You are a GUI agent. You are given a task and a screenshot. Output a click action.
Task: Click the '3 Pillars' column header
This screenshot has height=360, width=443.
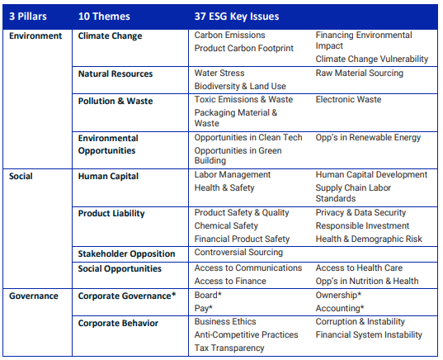pos(28,17)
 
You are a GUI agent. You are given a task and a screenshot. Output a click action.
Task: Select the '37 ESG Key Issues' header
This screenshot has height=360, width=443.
pos(237,17)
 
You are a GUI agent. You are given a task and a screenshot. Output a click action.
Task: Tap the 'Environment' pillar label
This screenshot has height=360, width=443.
pos(35,36)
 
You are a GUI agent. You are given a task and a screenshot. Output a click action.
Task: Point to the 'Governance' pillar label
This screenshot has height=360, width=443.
pos(34,296)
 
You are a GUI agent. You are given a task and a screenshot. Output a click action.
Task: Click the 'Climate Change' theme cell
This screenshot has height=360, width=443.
pos(110,36)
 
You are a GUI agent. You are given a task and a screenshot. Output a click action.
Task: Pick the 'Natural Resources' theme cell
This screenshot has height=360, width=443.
pos(115,73)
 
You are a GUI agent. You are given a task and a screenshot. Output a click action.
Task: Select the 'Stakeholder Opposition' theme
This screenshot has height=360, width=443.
pos(126,254)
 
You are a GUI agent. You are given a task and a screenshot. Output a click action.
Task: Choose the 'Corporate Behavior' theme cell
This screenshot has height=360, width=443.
pos(118,323)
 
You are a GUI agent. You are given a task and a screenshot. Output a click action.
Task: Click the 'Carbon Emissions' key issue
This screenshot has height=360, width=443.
pos(229,35)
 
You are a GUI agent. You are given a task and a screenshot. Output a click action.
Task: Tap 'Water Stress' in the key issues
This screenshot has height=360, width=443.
pos(219,73)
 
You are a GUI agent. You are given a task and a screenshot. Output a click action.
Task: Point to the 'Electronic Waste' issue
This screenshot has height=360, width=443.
pos(348,100)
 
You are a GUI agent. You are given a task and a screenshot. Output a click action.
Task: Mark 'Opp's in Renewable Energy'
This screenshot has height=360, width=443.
pos(368,137)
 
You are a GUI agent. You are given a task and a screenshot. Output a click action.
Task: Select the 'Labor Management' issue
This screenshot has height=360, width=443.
pos(233,175)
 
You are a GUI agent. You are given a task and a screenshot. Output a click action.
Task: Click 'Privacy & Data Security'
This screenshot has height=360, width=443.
pos(361,213)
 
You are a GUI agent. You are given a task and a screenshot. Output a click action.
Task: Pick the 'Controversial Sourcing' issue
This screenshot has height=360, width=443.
pos(238,253)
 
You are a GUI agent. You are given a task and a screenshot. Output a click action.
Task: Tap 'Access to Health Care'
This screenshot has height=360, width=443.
pos(359,268)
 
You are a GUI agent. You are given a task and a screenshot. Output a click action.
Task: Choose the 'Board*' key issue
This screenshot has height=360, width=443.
pos(208,295)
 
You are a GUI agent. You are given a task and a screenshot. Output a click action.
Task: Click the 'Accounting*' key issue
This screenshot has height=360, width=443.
pos(340,308)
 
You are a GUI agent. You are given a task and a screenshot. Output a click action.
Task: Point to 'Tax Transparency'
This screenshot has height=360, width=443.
pos(229,348)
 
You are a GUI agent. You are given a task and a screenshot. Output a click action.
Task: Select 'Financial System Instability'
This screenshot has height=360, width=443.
pos(369,335)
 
